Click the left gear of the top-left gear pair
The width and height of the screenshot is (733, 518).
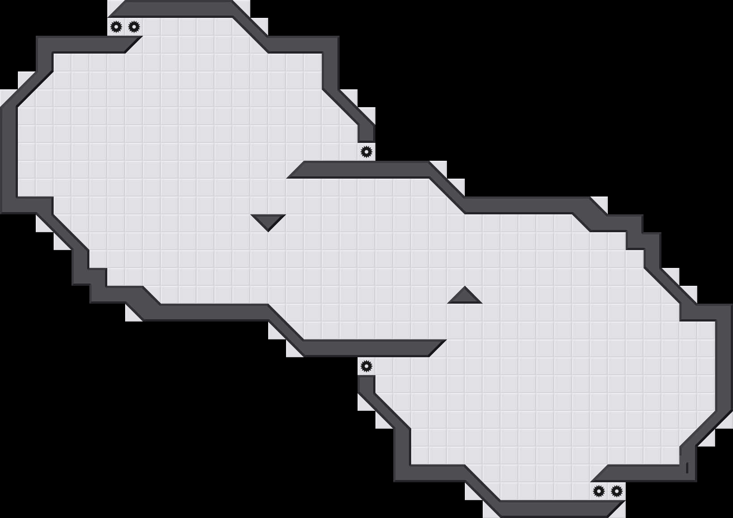(116, 27)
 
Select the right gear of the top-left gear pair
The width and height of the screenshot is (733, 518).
(134, 27)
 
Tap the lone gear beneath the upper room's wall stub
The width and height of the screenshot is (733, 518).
(366, 152)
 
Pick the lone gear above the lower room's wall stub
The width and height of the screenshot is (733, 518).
(366, 366)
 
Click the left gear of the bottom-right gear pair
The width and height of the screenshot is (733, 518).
(599, 491)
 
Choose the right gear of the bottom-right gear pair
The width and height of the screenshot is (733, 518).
(617, 491)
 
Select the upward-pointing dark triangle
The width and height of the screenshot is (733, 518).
(465, 297)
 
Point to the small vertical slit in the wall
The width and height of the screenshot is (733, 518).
(687, 468)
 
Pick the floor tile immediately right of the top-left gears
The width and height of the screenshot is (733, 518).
(152, 27)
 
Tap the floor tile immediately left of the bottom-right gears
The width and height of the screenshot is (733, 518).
(581, 491)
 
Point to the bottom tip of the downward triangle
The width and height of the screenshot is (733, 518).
(268, 230)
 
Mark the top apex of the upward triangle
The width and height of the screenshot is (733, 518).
(465, 288)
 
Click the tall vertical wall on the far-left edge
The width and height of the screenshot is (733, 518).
(9, 156)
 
